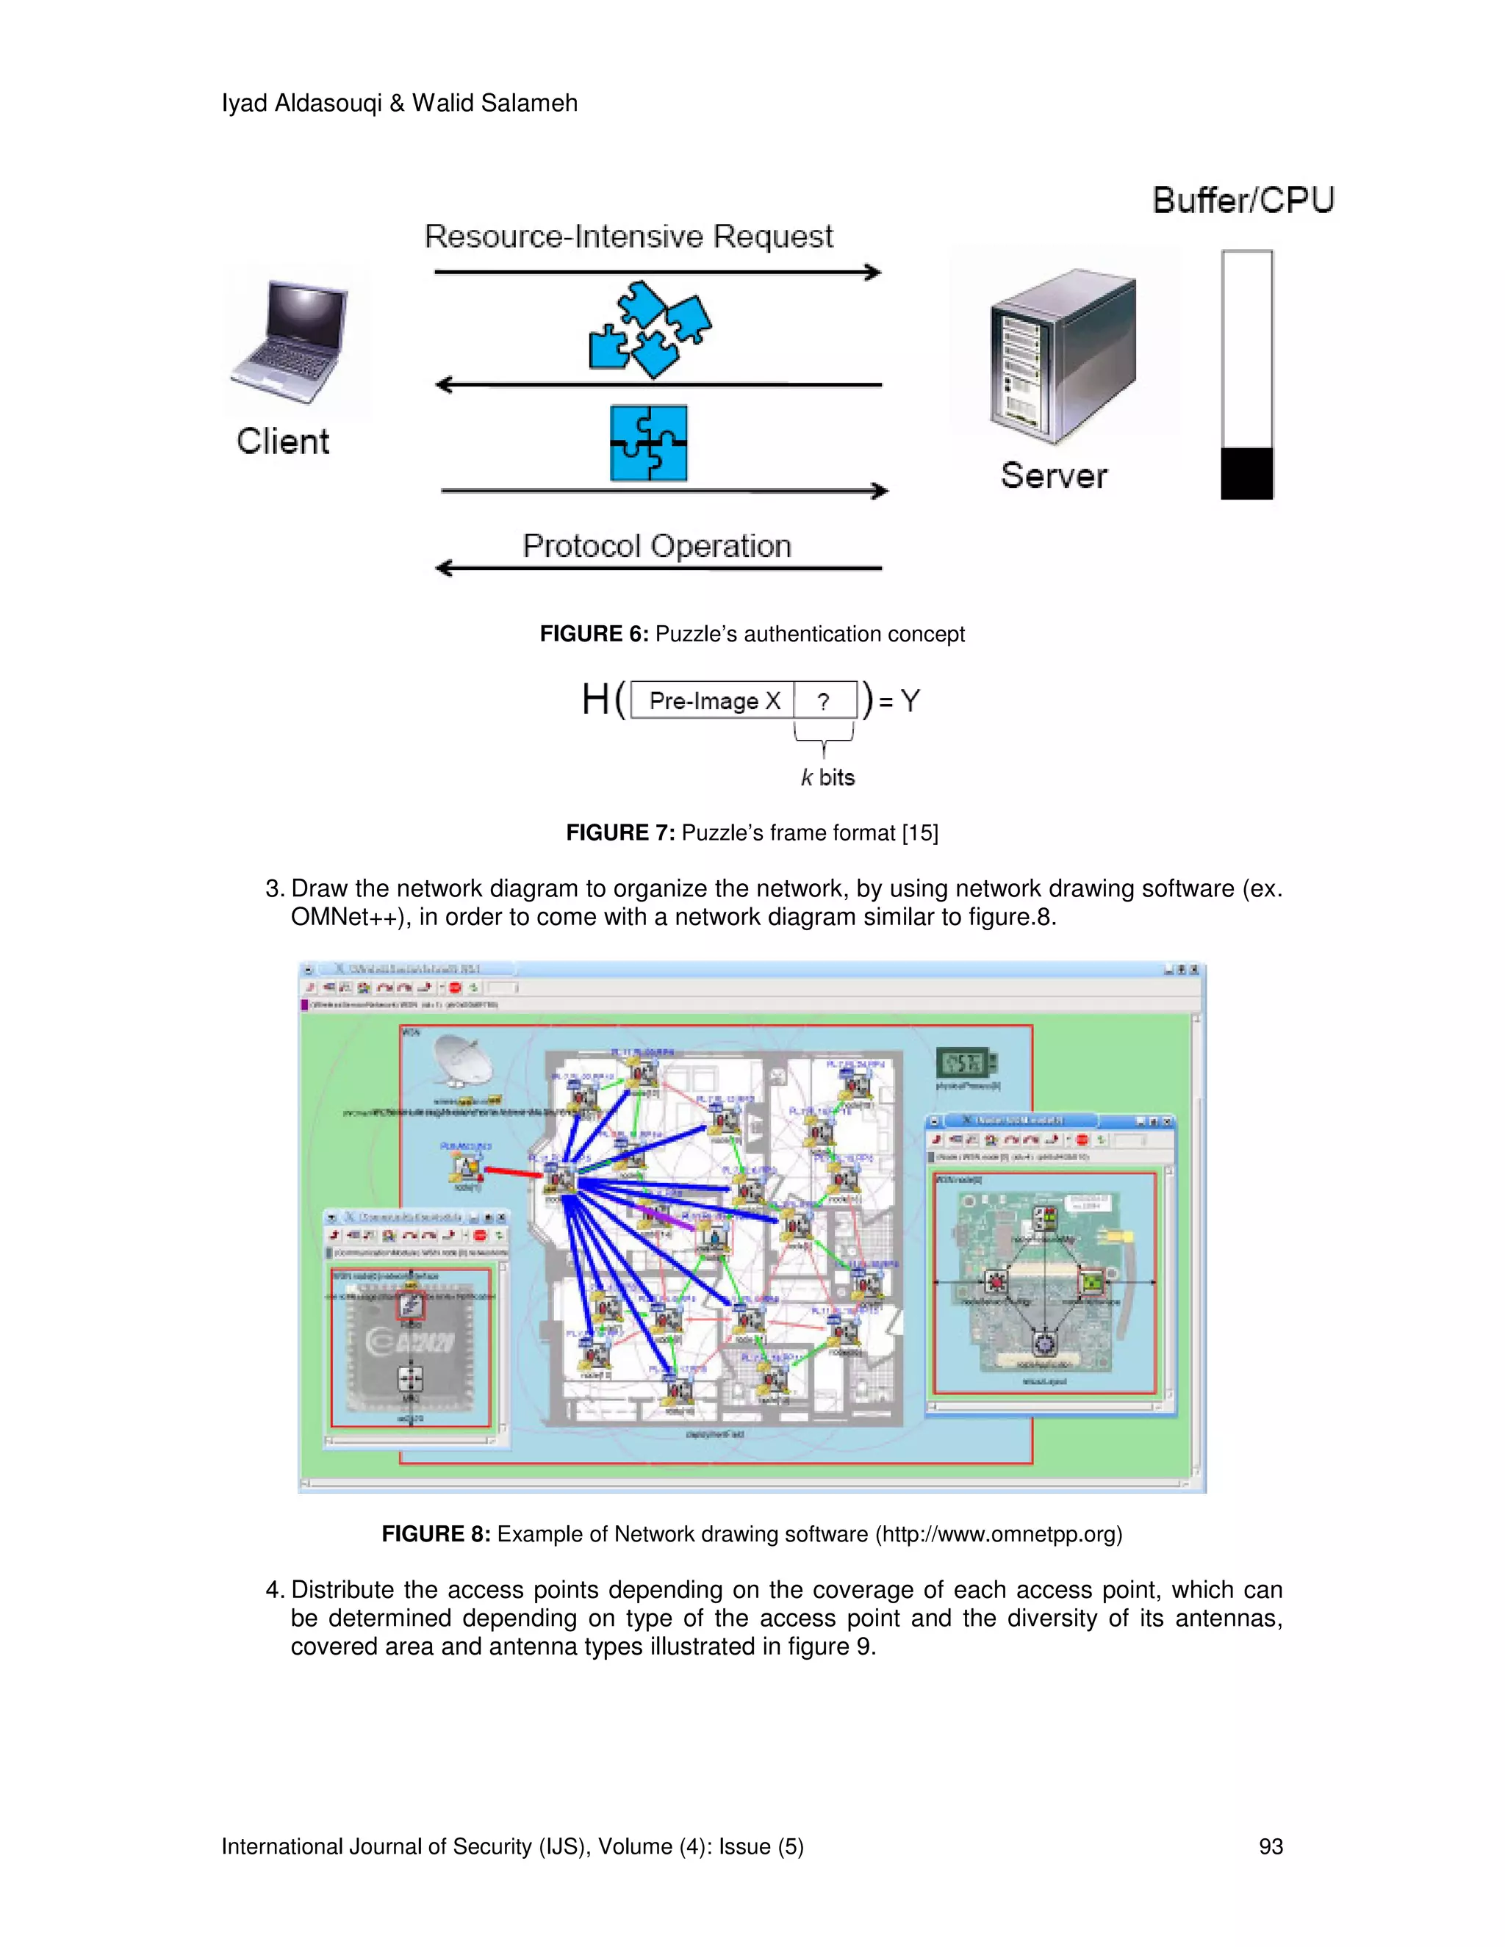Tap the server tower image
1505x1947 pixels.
(x=1063, y=356)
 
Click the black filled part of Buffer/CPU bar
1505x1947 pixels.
(x=1246, y=472)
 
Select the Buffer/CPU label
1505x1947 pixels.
(x=1243, y=201)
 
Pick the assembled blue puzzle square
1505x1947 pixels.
(x=648, y=443)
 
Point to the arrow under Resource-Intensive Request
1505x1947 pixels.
(x=657, y=273)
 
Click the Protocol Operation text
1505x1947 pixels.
(x=656, y=546)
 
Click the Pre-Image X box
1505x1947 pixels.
(x=714, y=701)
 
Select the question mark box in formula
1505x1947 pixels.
(x=825, y=701)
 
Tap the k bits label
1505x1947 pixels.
(x=827, y=777)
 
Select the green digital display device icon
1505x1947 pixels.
(x=966, y=1062)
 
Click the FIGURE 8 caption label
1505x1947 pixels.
(x=435, y=1533)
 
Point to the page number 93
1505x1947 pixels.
(x=1270, y=1846)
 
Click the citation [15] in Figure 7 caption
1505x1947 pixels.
(x=919, y=832)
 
